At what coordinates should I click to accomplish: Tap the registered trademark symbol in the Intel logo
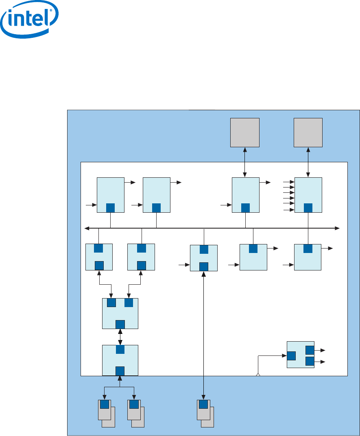coord(51,12)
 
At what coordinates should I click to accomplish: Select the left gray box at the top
coord(245,132)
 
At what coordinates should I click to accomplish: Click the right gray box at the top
coord(308,132)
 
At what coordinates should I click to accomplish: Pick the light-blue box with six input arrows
coord(308,194)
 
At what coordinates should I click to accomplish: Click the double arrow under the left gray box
coord(245,162)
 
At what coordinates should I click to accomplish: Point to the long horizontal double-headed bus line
coord(212,228)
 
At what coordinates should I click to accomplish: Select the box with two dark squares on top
coord(120,313)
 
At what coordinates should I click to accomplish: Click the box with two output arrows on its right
coord(301,354)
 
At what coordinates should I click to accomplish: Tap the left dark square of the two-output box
coord(291,356)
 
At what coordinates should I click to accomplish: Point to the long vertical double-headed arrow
coord(204,334)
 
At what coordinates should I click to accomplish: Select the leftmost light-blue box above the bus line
coord(111,194)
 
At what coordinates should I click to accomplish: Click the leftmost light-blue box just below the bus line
coord(99,257)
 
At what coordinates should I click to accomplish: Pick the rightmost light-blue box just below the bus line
coord(308,257)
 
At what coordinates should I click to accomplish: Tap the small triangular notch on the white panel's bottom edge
coord(258,375)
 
